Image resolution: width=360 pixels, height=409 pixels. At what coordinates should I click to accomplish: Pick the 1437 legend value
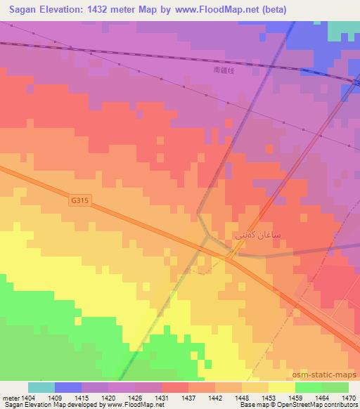click(x=188, y=397)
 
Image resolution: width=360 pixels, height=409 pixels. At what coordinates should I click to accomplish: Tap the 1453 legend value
click(x=269, y=397)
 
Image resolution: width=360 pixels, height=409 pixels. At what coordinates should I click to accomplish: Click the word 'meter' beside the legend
click(x=9, y=397)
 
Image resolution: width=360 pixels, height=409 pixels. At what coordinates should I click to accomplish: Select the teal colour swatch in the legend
click(x=41, y=387)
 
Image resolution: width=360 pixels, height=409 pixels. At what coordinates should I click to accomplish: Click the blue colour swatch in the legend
click(x=68, y=387)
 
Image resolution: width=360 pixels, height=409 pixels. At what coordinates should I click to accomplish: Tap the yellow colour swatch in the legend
click(x=282, y=387)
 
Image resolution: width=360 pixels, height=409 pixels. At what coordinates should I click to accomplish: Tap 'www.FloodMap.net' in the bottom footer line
click(x=135, y=405)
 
